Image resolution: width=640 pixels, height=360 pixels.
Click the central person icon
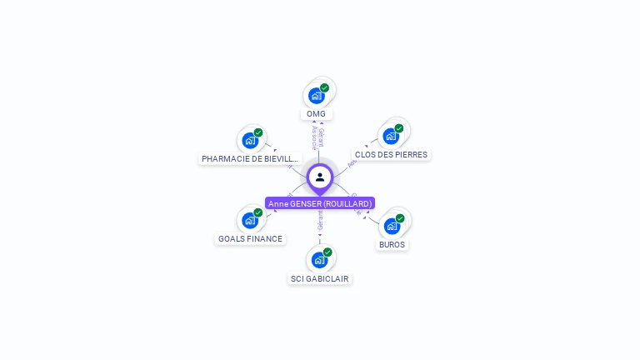pyautogui.click(x=320, y=177)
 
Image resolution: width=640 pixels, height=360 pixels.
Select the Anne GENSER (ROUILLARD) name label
pyautogui.click(x=320, y=203)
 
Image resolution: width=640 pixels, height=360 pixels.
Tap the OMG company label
pyautogui.click(x=316, y=114)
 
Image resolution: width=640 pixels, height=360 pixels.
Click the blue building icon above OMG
pyautogui.click(x=316, y=96)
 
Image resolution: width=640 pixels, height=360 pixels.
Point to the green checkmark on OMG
pyautogui.click(x=324, y=87)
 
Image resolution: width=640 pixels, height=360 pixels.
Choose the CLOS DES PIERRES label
pyautogui.click(x=391, y=155)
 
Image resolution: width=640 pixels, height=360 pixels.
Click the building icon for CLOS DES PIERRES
pyautogui.click(x=391, y=137)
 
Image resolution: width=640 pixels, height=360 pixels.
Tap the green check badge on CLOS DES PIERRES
pyautogui.click(x=399, y=128)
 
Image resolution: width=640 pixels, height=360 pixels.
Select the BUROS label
pyautogui.click(x=392, y=245)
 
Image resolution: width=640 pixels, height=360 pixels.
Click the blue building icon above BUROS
pyautogui.click(x=392, y=226)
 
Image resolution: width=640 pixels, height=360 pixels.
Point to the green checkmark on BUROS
pyautogui.click(x=400, y=218)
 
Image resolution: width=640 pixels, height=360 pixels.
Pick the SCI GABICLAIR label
pyautogui.click(x=320, y=279)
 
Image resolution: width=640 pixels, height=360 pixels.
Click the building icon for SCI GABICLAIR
pyautogui.click(x=319, y=260)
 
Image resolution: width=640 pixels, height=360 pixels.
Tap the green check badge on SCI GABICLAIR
pyautogui.click(x=327, y=252)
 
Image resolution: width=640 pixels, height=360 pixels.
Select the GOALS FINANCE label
pyautogui.click(x=250, y=239)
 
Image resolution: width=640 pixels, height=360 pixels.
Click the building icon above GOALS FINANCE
pyautogui.click(x=249, y=221)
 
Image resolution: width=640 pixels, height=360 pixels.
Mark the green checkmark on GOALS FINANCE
pyautogui.click(x=258, y=212)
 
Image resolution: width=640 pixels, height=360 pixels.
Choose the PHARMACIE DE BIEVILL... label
pyautogui.click(x=249, y=158)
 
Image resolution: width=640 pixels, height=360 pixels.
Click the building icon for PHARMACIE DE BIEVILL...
pyautogui.click(x=249, y=141)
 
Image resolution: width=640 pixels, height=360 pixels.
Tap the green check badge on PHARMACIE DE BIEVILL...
pyautogui.click(x=258, y=132)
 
